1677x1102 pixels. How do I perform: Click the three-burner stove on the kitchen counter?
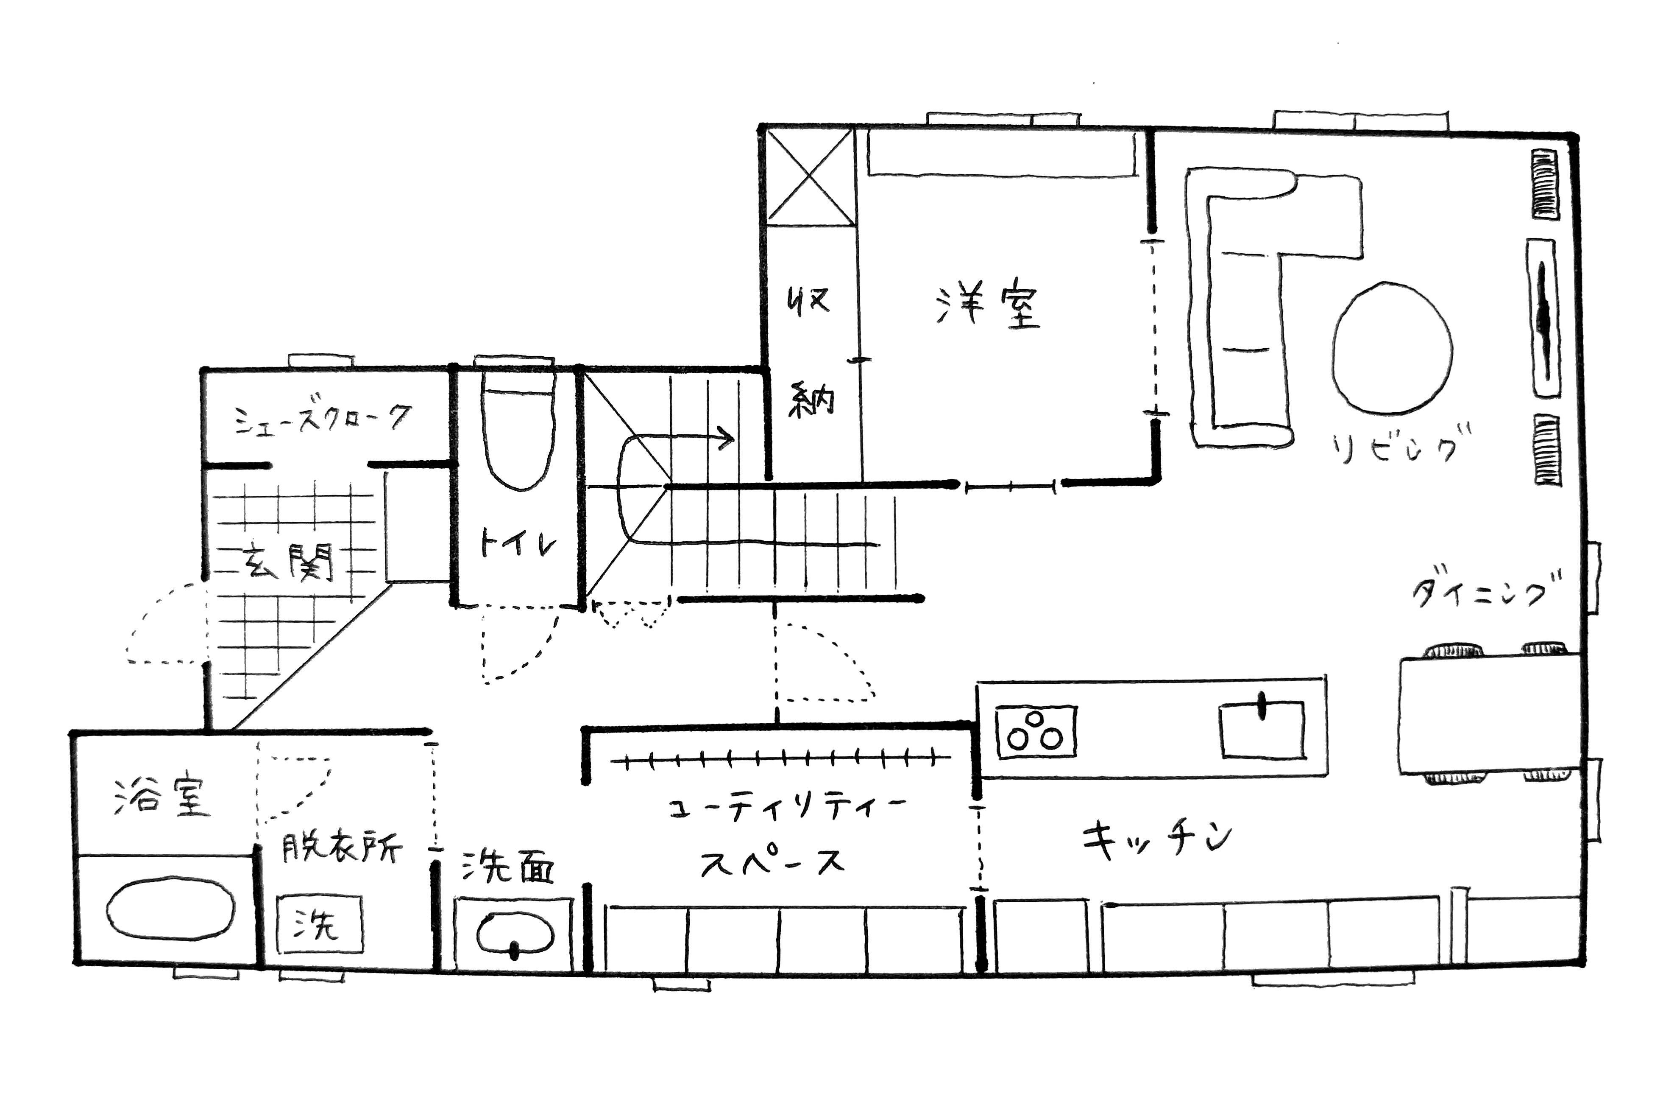pyautogui.click(x=1036, y=731)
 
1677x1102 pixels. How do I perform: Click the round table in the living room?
pyautogui.click(x=1392, y=347)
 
